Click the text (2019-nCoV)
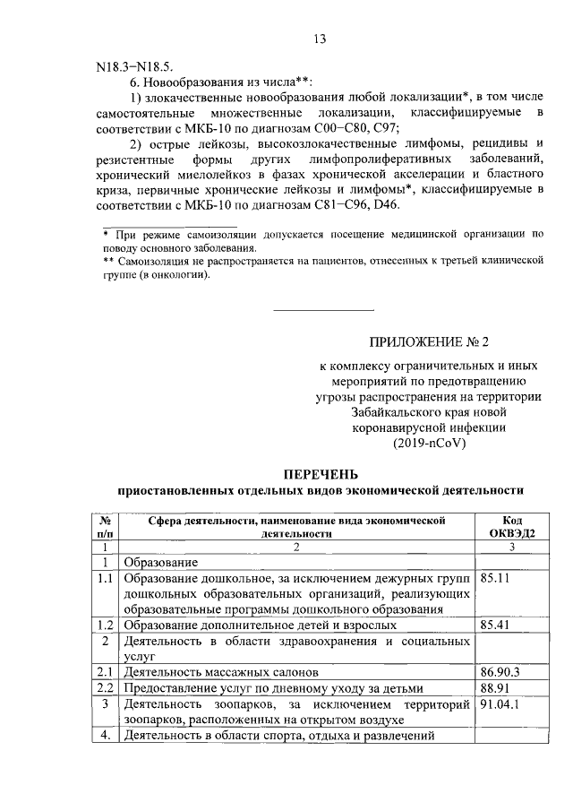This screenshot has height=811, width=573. [x=430, y=443]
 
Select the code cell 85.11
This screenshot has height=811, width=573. [x=495, y=579]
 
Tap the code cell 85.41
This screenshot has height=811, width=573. [x=495, y=624]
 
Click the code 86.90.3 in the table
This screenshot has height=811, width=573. [x=500, y=670]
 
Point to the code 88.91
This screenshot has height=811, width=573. [x=495, y=687]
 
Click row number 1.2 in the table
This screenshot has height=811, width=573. [x=106, y=625]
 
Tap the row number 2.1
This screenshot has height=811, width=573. [x=106, y=671]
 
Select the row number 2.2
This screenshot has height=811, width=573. [x=106, y=688]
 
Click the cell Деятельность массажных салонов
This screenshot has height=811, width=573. [x=221, y=671]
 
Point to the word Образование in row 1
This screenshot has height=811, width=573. [x=160, y=562]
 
